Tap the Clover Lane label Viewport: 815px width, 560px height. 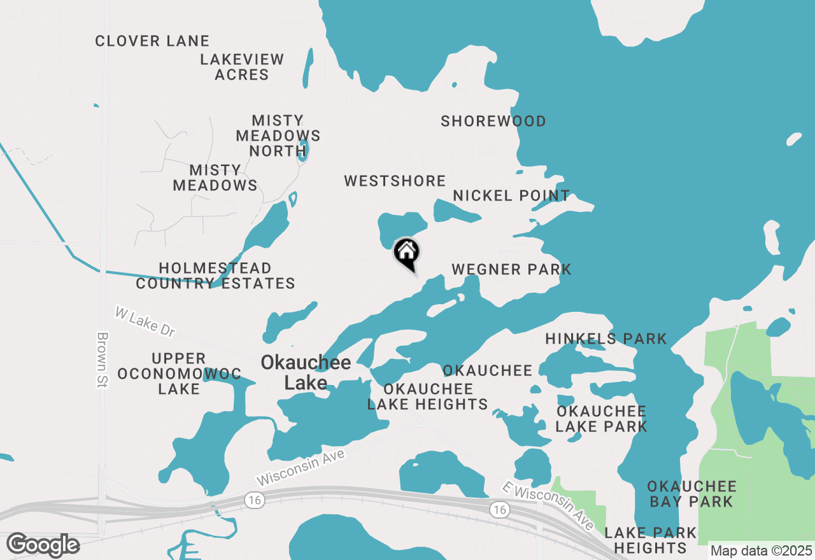(x=152, y=41)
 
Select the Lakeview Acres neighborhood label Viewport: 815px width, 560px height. (x=242, y=67)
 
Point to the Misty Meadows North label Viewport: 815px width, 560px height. (x=278, y=136)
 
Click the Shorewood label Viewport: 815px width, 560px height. (x=493, y=122)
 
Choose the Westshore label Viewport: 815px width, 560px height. (x=395, y=181)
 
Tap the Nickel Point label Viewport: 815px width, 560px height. (x=511, y=196)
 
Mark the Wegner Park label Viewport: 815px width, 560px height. (x=511, y=270)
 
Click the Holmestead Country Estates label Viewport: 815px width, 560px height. (x=215, y=276)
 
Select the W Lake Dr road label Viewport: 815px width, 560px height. (x=145, y=321)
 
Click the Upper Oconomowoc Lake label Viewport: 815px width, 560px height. (x=179, y=374)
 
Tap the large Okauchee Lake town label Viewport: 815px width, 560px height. (x=306, y=372)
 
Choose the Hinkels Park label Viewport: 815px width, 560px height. (x=606, y=339)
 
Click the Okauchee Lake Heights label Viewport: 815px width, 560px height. (x=428, y=396)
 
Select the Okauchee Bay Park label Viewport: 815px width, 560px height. (x=691, y=494)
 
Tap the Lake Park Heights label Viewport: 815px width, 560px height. (x=650, y=540)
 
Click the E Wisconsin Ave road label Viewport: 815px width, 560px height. (x=548, y=507)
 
